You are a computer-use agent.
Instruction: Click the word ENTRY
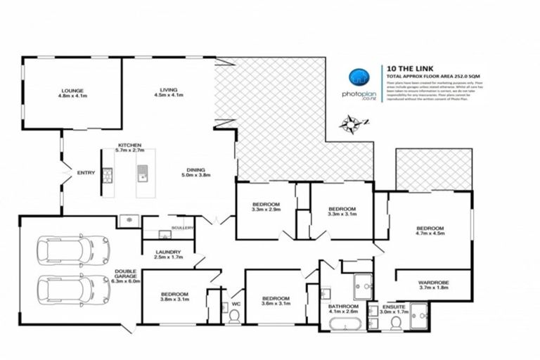(86, 173)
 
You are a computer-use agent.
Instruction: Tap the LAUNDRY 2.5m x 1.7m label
(167, 255)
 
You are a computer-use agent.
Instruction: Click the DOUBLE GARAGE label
(127, 278)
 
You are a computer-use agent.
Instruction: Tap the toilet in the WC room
(234, 316)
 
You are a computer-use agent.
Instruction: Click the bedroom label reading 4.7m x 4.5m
(430, 231)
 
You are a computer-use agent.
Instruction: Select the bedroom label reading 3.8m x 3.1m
(174, 297)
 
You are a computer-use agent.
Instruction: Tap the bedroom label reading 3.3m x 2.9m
(266, 208)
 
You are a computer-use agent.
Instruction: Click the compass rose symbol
(349, 125)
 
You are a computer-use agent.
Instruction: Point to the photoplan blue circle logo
(359, 77)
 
